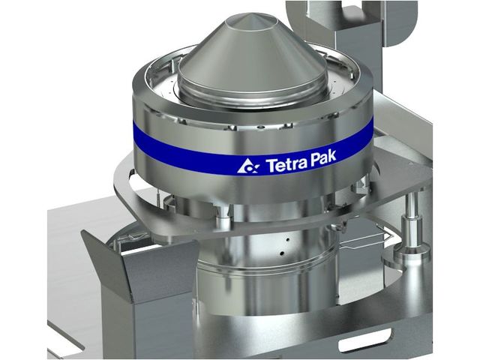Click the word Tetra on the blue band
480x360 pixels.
tap(286, 164)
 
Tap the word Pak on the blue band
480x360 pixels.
tap(323, 158)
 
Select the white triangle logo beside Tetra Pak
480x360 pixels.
tap(248, 166)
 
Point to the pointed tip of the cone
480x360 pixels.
tap(251, 14)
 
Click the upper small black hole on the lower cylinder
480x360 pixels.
tap(287, 240)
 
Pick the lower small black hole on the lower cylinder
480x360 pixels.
tap(282, 253)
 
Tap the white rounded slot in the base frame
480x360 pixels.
tap(365, 340)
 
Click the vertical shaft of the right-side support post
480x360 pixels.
tap(411, 220)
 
